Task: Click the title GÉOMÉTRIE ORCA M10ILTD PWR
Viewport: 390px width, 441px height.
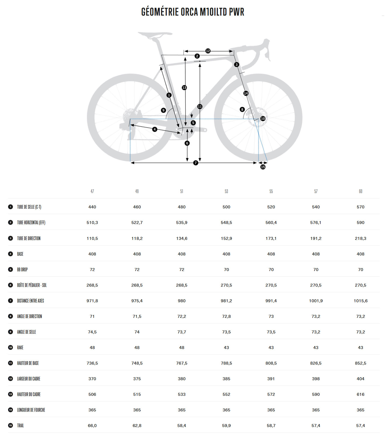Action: [193, 12]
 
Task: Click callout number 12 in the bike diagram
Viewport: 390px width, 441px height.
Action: [208, 51]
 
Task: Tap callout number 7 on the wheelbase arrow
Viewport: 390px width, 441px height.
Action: [196, 163]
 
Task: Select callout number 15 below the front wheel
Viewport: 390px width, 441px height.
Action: [263, 167]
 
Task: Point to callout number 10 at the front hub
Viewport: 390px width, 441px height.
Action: [263, 119]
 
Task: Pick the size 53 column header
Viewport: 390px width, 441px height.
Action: [226, 191]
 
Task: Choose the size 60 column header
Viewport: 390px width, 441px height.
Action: [360, 191]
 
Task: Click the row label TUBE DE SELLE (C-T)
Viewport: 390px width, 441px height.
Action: [29, 207]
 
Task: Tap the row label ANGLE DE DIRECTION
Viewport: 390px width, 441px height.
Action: [30, 316]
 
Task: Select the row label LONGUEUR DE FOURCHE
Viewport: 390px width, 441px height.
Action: [31, 410]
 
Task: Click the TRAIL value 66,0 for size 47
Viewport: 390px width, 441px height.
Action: [92, 426]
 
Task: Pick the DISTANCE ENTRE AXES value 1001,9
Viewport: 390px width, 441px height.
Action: [316, 301]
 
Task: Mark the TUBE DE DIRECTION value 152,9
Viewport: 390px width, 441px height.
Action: [226, 239]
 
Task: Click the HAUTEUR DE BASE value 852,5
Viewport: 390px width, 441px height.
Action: [360, 363]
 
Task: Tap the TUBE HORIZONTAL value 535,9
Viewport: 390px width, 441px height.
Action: [182, 223]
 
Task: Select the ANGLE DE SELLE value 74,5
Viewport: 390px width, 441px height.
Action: [92, 332]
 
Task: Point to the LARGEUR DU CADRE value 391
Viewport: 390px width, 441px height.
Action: [271, 379]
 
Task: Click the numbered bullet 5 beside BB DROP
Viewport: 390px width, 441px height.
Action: [10, 269]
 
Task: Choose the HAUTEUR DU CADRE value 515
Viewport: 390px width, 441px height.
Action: [137, 394]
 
